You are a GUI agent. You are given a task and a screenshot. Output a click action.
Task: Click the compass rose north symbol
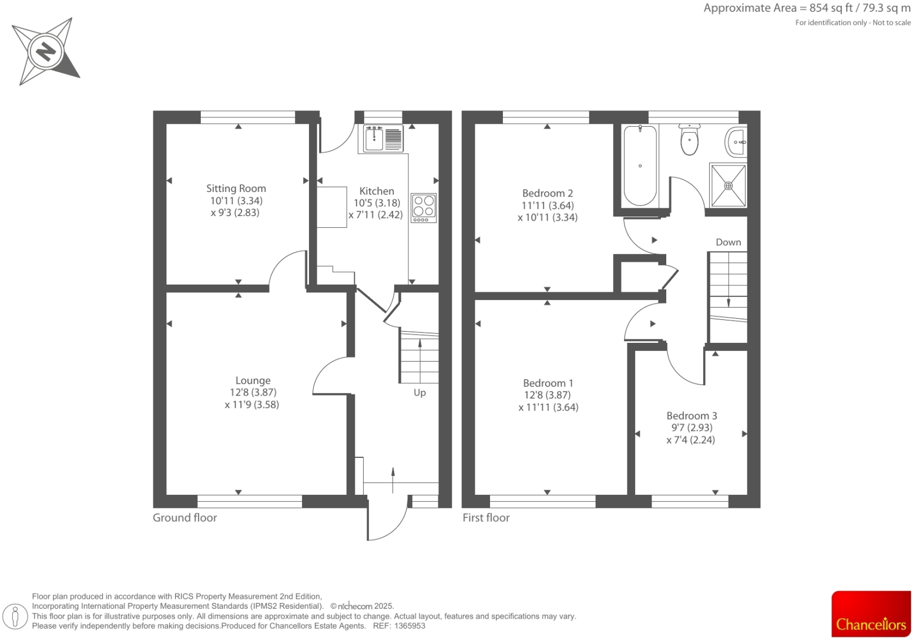(x=45, y=52)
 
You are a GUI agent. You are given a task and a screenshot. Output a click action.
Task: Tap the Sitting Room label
(x=236, y=188)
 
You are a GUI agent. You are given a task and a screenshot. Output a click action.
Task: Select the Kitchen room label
(x=377, y=191)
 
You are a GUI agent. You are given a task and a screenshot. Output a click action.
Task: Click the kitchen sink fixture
(x=382, y=139)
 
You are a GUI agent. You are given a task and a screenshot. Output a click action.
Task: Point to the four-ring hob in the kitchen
(x=424, y=208)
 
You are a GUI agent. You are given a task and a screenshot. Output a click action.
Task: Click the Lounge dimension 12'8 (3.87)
(x=253, y=393)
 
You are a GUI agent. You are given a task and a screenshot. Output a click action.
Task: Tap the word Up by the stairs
(x=419, y=393)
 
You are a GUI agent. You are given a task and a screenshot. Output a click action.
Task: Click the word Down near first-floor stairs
(x=728, y=242)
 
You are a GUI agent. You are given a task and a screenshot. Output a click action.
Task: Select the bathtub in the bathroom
(x=640, y=166)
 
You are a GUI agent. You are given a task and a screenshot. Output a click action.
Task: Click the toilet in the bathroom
(x=689, y=139)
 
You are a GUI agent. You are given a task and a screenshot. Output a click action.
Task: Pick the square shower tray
(x=728, y=185)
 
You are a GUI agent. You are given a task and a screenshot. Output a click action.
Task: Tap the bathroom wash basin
(x=737, y=141)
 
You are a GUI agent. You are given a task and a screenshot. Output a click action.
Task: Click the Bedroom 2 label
(x=548, y=193)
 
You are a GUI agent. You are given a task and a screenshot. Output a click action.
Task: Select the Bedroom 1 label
(x=548, y=383)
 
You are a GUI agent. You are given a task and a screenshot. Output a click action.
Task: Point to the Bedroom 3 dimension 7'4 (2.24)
(x=690, y=440)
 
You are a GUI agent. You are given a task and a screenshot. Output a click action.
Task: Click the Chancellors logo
(x=871, y=614)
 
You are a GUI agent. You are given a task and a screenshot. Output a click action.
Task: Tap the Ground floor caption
(x=184, y=518)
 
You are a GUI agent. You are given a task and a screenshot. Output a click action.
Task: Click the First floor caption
(x=486, y=518)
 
